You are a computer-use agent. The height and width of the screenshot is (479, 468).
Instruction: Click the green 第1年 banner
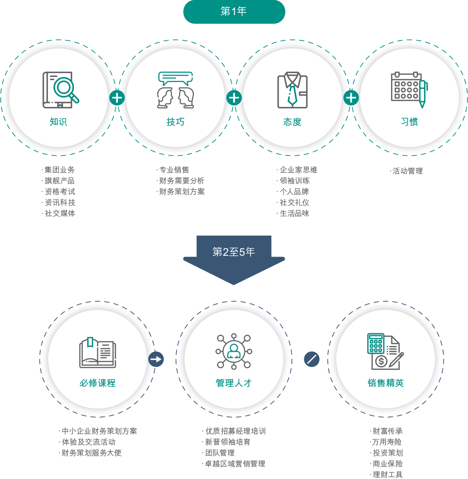pyautogui.click(x=234, y=12)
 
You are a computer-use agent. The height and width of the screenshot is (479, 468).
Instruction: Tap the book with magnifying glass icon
pyautogui.click(x=61, y=90)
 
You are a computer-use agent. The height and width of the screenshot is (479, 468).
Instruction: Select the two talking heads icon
pyautogui.click(x=175, y=90)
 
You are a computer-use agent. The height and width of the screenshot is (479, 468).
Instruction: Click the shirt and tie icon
pyautogui.click(x=293, y=90)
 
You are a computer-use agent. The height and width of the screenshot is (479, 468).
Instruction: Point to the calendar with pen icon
pyautogui.click(x=409, y=90)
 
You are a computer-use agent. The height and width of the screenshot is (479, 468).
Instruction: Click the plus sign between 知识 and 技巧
pyautogui.click(x=117, y=98)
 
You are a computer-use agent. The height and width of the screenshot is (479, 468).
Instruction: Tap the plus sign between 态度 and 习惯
pyautogui.click(x=351, y=98)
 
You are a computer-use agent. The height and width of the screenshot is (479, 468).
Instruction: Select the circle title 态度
pyautogui.click(x=293, y=122)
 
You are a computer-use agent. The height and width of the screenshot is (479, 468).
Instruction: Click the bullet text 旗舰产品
pyautogui.click(x=60, y=181)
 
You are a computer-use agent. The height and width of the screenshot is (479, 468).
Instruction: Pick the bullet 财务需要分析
pyautogui.click(x=182, y=181)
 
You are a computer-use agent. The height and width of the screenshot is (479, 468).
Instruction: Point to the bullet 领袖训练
pyautogui.click(x=294, y=181)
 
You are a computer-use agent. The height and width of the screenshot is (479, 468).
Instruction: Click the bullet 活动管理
pyautogui.click(x=408, y=171)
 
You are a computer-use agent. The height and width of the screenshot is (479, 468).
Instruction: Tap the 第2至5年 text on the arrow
pyautogui.click(x=234, y=252)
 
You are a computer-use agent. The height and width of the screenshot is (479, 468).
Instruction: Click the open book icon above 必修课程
pyautogui.click(x=98, y=353)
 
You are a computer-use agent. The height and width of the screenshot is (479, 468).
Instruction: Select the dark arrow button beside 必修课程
pyautogui.click(x=156, y=359)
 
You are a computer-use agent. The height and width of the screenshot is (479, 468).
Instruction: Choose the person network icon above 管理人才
pyautogui.click(x=234, y=351)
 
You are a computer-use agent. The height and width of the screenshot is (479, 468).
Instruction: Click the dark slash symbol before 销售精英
pyautogui.click(x=312, y=359)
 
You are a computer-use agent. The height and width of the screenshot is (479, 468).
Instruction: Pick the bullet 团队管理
pyautogui.click(x=220, y=453)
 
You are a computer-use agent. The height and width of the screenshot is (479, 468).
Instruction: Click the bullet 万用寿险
pyautogui.click(x=387, y=442)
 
